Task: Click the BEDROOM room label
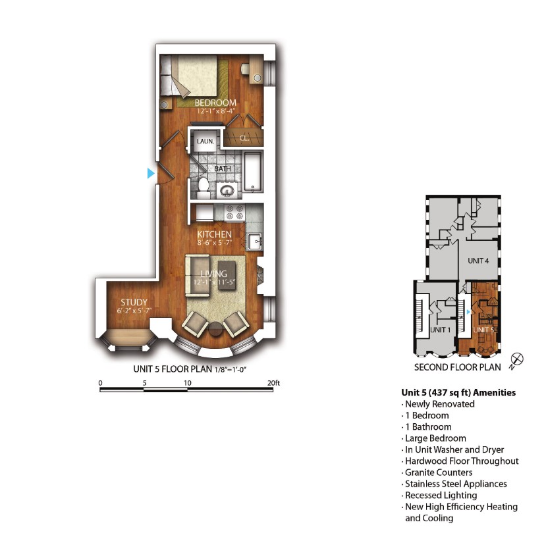215,103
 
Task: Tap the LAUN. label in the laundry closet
205,141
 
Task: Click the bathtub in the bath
252,172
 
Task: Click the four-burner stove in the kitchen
234,213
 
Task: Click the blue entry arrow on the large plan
151,173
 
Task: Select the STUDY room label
134,302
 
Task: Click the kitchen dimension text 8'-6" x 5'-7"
215,243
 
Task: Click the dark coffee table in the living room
227,273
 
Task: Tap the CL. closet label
244,138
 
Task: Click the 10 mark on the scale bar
187,383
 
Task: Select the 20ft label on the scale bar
273,383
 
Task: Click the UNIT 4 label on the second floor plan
478,261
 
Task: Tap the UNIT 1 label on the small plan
440,330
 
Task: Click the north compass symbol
517,359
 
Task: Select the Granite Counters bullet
439,472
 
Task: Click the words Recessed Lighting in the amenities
441,495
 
